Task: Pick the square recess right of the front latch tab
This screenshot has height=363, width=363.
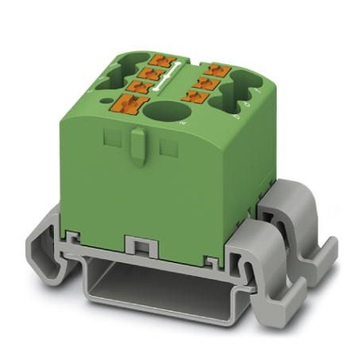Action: [x=166, y=147]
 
